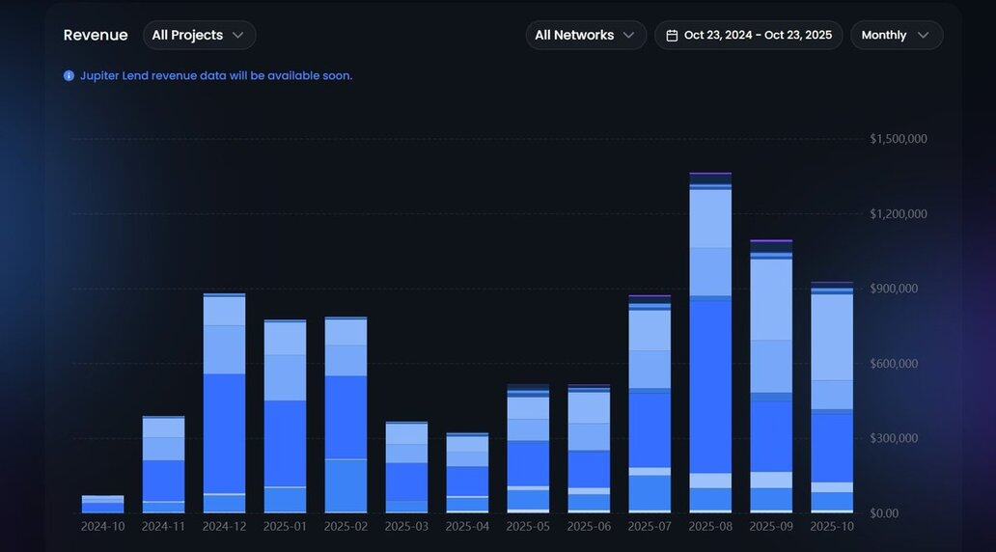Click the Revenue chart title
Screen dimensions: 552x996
[x=96, y=35]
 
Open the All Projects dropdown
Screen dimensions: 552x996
[x=199, y=35]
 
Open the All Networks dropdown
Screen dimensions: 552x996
[x=585, y=35]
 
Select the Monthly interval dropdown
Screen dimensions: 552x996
[x=896, y=35]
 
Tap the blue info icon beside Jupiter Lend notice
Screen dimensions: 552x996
[x=69, y=75]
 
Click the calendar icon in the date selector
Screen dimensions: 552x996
[x=672, y=36]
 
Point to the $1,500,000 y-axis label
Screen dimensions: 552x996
[x=899, y=139]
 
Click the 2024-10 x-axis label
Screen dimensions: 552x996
[x=102, y=527]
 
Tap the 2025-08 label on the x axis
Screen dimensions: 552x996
[x=710, y=527]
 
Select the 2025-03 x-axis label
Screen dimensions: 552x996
[x=406, y=527]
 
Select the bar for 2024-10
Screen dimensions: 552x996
[x=102, y=504]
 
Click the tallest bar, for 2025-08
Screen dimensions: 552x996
[x=710, y=386]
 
